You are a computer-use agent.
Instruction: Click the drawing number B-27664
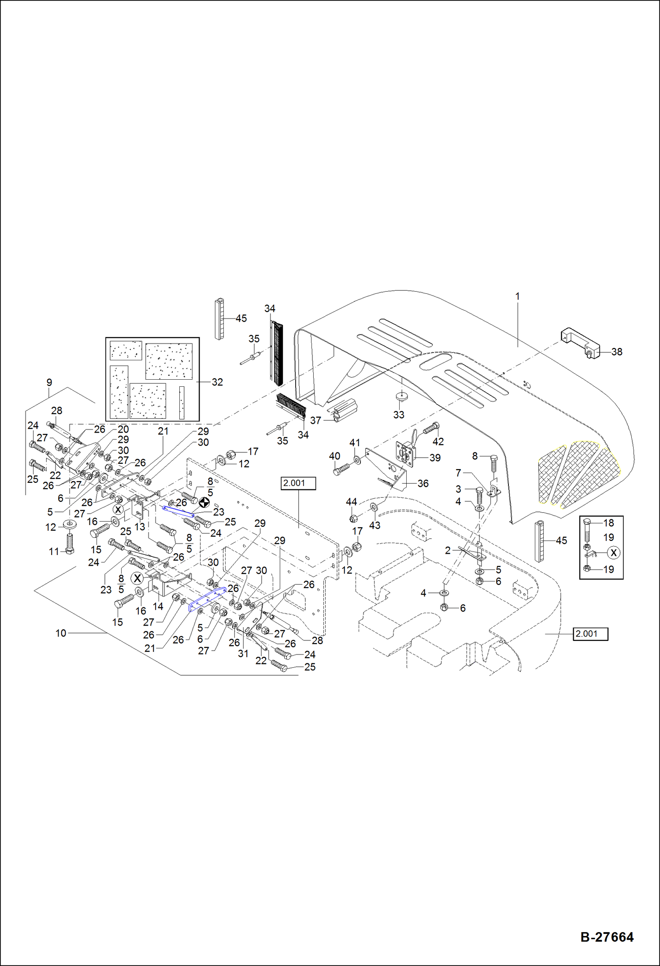(607, 936)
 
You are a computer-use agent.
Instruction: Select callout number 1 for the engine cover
(518, 296)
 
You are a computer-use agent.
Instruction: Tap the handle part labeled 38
(580, 343)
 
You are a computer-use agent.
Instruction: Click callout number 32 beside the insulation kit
(217, 382)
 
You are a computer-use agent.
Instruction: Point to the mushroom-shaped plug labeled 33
(401, 396)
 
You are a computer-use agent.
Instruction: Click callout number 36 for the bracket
(423, 484)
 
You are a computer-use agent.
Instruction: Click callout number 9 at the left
(49, 382)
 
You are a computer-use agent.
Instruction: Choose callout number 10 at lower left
(61, 633)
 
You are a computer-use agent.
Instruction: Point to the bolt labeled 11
(70, 544)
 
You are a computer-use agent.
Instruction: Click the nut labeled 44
(353, 518)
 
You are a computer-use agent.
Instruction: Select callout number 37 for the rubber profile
(315, 420)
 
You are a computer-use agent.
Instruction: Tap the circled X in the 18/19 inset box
(613, 552)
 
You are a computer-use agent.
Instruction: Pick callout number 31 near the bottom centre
(243, 654)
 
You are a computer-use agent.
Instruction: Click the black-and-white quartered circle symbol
(204, 502)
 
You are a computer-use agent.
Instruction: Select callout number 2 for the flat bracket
(448, 550)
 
